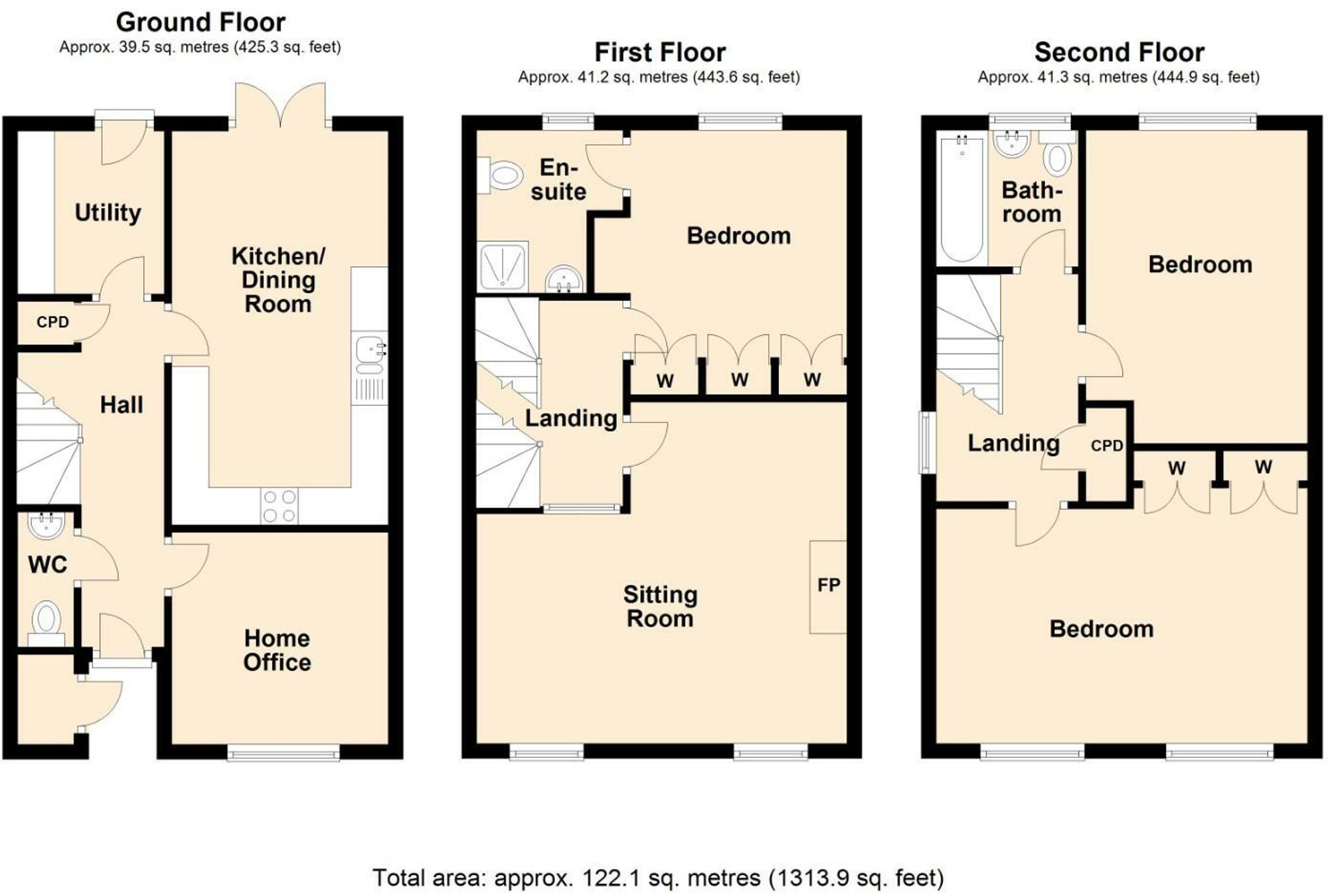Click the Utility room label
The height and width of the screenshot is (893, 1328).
[108, 212]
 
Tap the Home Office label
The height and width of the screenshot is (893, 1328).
[277, 650]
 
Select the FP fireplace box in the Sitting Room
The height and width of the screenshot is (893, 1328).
[828, 586]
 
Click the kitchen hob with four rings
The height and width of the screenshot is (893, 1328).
[279, 506]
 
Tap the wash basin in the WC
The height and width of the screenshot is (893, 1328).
[46, 526]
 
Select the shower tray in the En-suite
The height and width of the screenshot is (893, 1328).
[503, 266]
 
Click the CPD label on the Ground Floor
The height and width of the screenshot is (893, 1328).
[52, 322]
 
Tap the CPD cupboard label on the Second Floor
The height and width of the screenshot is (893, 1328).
[1106, 446]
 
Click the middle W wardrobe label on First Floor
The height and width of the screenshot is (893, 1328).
[739, 380]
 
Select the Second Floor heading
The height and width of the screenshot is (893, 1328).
[1119, 52]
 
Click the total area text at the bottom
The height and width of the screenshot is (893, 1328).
[657, 878]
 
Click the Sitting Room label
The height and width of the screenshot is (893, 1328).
[659, 606]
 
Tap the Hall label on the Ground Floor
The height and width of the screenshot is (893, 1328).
[121, 404]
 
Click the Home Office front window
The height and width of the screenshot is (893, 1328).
[283, 752]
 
